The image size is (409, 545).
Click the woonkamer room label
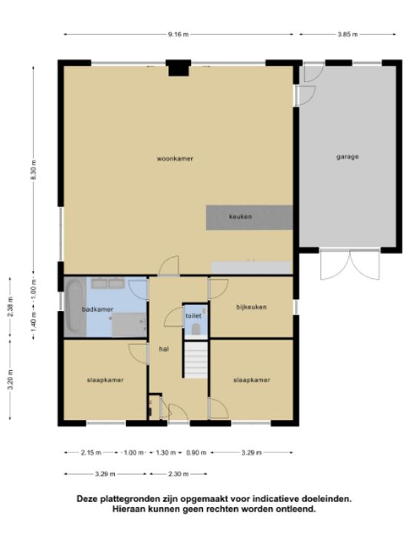175,159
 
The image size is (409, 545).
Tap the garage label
348,157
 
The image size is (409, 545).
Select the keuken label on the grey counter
240,216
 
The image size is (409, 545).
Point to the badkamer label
97,310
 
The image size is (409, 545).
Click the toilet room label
193,316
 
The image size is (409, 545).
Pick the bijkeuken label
251,307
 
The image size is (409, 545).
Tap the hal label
164,349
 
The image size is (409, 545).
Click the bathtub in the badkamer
74,307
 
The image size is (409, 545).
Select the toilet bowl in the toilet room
196,330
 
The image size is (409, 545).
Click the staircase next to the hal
196,360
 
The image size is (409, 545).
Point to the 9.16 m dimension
179,34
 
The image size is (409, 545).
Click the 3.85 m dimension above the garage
348,34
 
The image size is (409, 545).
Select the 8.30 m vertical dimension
34,170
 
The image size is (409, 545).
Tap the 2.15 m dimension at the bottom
91,452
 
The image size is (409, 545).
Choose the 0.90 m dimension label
196,452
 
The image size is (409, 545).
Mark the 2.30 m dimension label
179,474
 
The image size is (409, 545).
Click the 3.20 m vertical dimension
10,379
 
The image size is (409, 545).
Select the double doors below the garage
350,264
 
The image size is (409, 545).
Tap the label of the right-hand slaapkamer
251,380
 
